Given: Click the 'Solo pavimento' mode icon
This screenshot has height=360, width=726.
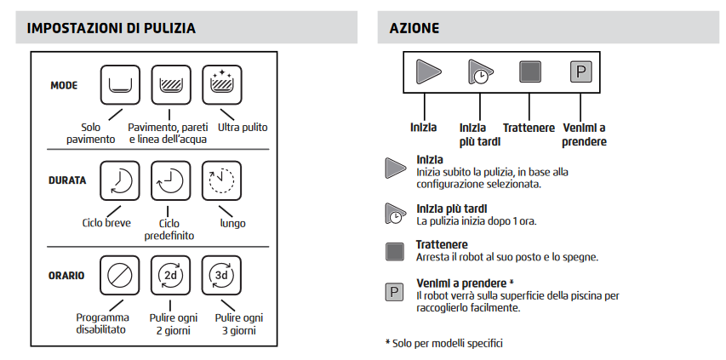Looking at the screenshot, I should [120, 85].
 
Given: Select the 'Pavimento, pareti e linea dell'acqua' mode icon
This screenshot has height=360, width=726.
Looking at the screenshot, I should [171, 85].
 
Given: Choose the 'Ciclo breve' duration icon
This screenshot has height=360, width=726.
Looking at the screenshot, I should [120, 180].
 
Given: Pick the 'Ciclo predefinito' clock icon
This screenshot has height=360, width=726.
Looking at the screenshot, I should [171, 180].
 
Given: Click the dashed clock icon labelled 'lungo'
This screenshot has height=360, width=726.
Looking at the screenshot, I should [221, 180].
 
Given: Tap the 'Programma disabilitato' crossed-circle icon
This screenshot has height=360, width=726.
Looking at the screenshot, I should [120, 276].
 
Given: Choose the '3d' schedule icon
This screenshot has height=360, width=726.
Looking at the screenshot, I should [221, 276].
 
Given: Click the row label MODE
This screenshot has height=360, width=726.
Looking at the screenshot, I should [64, 86].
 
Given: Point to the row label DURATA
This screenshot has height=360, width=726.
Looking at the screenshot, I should [67, 180].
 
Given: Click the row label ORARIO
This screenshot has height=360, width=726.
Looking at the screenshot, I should [67, 276].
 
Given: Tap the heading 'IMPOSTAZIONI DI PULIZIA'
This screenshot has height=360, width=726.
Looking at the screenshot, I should [111, 28].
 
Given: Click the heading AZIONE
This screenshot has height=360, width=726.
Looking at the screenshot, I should [414, 28].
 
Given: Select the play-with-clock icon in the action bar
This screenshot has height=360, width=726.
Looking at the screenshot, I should [478, 72].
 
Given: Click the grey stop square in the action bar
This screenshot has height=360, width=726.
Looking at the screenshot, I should [530, 72].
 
